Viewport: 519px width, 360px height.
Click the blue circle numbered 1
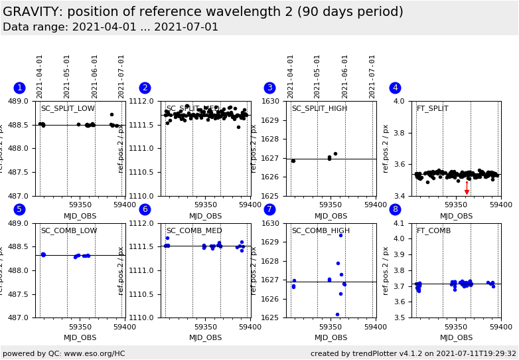point(19,88)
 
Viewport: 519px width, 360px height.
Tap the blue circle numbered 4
point(395,88)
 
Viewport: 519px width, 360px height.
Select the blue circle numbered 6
point(145,210)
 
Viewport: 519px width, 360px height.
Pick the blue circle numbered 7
point(269,210)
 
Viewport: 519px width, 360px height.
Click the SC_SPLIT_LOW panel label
point(68,109)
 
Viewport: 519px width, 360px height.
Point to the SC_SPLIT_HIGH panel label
point(319,109)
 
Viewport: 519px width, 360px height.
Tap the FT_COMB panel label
point(433,231)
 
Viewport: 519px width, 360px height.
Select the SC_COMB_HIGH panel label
point(321,231)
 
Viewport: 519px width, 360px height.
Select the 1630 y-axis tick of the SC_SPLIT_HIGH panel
point(273,101)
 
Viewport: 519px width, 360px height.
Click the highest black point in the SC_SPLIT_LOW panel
point(111,114)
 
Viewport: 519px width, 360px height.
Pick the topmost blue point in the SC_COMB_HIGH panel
point(340,235)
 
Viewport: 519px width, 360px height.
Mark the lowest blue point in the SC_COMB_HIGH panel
point(337,314)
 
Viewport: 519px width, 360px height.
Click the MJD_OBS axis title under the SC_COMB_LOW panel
point(80,338)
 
